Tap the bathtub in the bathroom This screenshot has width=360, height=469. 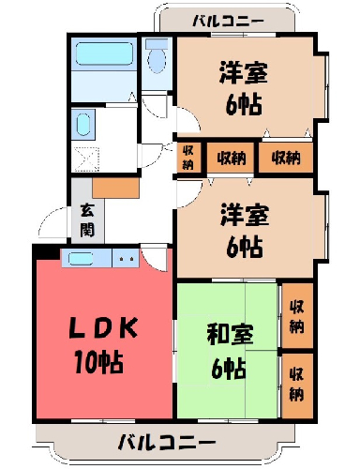pyautogui.click(x=104, y=53)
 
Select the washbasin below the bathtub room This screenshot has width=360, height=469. pyautogui.click(x=83, y=124)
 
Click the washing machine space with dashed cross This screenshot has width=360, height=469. pyautogui.click(x=87, y=159)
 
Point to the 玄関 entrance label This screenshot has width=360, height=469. pyautogui.click(x=87, y=219)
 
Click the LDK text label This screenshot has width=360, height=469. pyautogui.click(x=103, y=327)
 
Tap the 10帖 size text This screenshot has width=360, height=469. pyautogui.click(x=98, y=362)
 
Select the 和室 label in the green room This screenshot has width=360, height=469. pyautogui.click(x=230, y=334)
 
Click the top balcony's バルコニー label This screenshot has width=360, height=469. pyautogui.click(x=228, y=22)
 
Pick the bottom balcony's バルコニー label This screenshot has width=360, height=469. pyautogui.click(x=167, y=442)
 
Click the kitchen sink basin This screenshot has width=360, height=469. pyautogui.click(x=81, y=258)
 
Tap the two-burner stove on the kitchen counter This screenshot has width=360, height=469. pyautogui.click(x=126, y=258)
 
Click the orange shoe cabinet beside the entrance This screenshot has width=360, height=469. pyautogui.click(x=116, y=189)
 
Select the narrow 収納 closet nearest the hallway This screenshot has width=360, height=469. pyautogui.click(x=187, y=158)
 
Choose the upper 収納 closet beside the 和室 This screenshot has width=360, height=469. pyautogui.click(x=297, y=316)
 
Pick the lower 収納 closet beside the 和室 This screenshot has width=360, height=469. pyautogui.click(x=297, y=386)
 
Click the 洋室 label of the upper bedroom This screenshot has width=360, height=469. pyautogui.click(x=244, y=73)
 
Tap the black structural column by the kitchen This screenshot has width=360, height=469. pyautogui.click(x=47, y=252)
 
